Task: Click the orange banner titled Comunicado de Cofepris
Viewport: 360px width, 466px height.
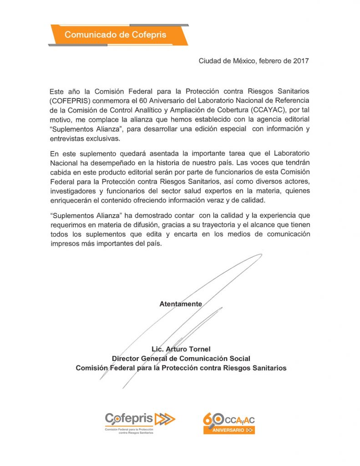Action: coord(115,35)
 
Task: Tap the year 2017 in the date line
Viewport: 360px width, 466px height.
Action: coord(300,61)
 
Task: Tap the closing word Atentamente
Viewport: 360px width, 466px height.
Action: coord(180,304)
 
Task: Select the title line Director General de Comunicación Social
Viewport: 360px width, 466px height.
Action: coord(181,359)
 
